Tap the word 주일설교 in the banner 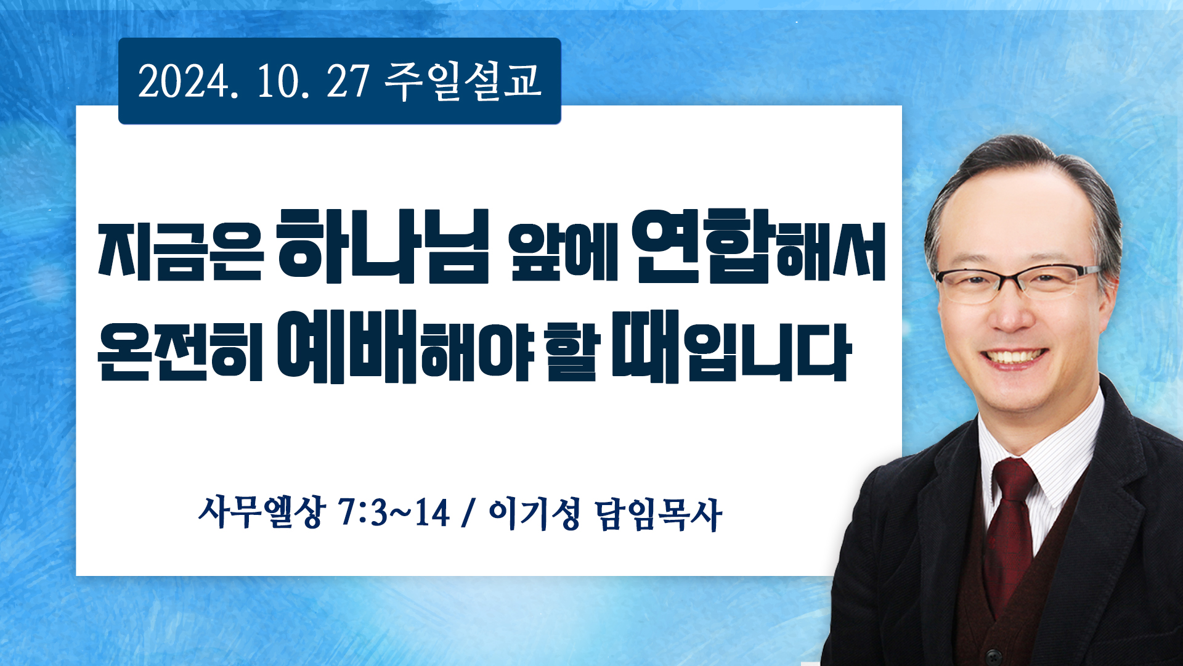463,81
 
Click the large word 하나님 383,246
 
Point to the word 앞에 563,252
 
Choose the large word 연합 703,246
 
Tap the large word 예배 348,347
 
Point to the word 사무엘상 261,512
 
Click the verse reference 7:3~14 394,512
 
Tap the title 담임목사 659,514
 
